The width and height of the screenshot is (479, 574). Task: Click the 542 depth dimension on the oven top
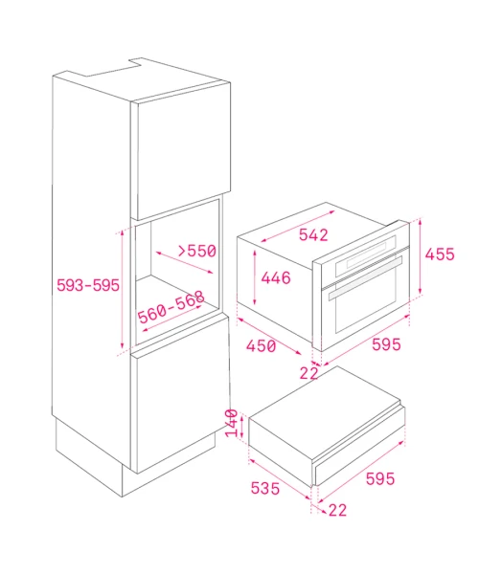click(x=313, y=235)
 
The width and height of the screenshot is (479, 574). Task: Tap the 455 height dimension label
click(x=440, y=254)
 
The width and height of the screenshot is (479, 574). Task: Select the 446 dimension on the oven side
click(x=276, y=277)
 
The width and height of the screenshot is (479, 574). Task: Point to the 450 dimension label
click(x=261, y=346)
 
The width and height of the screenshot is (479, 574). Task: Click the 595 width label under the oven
click(x=386, y=344)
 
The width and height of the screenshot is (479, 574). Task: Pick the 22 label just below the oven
click(x=308, y=373)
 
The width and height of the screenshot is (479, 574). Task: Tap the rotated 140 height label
click(x=231, y=423)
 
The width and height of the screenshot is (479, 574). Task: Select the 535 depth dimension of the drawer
click(x=265, y=488)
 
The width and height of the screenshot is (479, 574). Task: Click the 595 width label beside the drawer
click(x=380, y=478)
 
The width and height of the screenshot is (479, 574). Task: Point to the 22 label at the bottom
click(x=337, y=510)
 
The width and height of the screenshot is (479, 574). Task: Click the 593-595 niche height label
click(x=88, y=285)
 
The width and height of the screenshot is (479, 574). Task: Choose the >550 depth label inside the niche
click(x=196, y=251)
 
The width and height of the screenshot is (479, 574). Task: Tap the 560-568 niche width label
click(x=171, y=307)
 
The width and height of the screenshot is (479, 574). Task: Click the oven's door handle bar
click(x=365, y=277)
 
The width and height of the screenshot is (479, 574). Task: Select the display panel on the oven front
click(x=366, y=255)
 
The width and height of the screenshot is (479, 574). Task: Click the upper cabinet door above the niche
click(x=181, y=151)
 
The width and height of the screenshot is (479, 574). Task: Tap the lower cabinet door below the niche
click(x=181, y=394)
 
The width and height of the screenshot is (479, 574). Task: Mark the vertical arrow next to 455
click(x=421, y=257)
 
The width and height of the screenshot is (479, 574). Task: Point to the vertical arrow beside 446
click(x=255, y=277)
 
